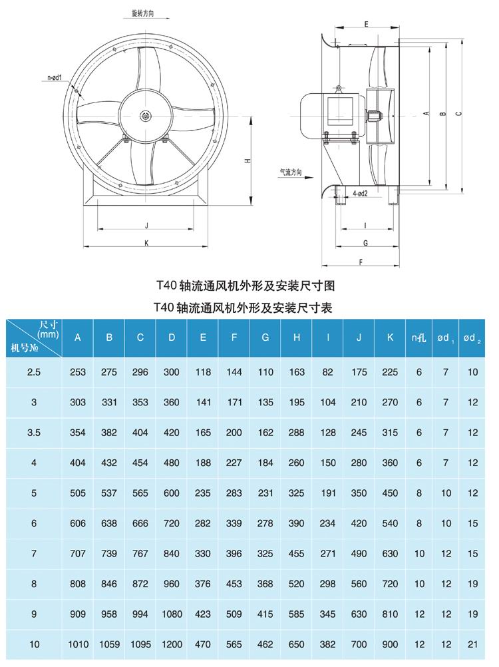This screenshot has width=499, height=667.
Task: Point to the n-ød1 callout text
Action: point(55,78)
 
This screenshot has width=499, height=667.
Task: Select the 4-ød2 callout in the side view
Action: point(361,193)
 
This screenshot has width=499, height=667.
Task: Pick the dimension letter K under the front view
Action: point(146,242)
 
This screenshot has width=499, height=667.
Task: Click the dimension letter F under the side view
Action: point(360,262)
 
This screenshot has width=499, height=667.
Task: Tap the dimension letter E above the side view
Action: point(367,23)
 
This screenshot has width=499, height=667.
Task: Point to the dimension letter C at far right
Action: point(458,113)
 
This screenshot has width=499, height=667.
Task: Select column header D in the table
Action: point(172,337)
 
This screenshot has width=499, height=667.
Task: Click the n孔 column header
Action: point(418,337)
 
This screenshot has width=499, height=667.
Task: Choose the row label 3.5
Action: point(35,433)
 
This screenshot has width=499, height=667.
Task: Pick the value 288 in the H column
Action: point(297,433)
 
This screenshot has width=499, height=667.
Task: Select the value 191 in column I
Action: point(327,493)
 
